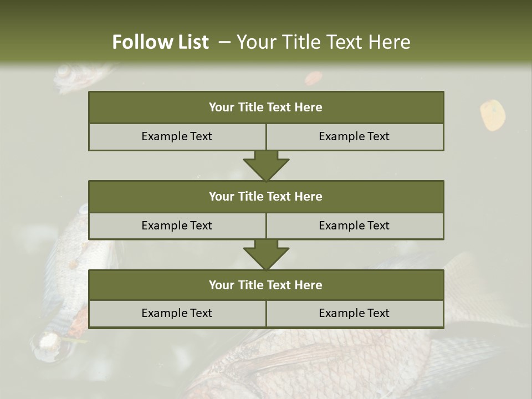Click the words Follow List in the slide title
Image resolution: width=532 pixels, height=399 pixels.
click(x=160, y=42)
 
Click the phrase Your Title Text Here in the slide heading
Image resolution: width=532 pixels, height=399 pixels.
click(x=323, y=42)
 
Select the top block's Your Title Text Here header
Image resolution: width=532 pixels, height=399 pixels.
click(x=265, y=108)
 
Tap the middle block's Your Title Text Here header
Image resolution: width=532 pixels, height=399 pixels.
click(x=265, y=196)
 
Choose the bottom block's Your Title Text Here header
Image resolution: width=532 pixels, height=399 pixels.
click(x=265, y=285)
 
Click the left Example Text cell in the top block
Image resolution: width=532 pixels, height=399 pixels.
click(x=177, y=136)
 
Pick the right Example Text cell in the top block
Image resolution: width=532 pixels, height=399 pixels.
click(x=354, y=136)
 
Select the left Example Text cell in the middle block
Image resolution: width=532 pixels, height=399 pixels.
click(x=177, y=226)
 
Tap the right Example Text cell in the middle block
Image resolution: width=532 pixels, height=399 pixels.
click(x=354, y=226)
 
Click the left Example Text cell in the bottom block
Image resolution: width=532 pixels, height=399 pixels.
click(x=177, y=313)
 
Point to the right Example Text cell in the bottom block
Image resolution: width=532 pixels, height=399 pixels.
click(x=354, y=313)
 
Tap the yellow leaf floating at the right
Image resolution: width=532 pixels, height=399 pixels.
click(x=492, y=115)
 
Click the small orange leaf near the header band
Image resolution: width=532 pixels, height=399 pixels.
click(x=313, y=78)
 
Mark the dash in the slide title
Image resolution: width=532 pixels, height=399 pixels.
click(x=224, y=42)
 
